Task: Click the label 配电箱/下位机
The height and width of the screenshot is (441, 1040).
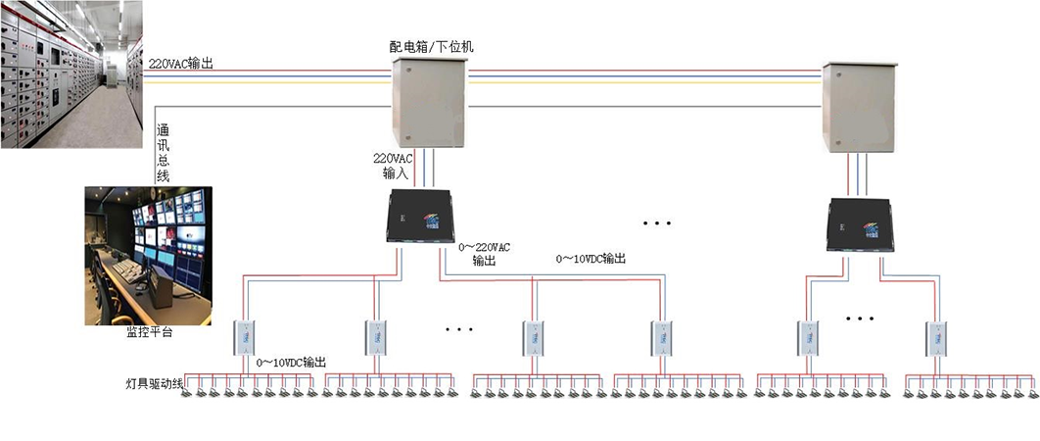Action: pos(432,46)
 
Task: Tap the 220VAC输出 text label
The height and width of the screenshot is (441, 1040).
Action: pos(181,64)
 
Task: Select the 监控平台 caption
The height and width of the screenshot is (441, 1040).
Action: pos(149,333)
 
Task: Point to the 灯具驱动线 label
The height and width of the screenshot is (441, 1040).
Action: pos(155,383)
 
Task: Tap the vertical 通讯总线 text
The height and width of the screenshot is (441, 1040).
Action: pos(164,152)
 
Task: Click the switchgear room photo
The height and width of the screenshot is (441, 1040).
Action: pos(71,73)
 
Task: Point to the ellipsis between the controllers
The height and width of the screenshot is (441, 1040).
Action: pos(657,223)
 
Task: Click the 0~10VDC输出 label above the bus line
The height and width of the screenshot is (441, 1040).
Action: pos(591,259)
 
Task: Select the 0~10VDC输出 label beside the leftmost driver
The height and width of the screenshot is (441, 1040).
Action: pos(291,363)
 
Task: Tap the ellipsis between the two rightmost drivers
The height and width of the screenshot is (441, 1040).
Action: pos(860,319)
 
